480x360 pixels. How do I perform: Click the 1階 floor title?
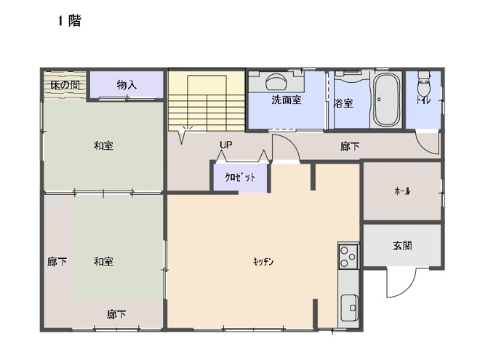coord(70,21)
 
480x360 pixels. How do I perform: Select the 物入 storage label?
coord(127,84)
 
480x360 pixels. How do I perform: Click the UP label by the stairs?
coord(226,145)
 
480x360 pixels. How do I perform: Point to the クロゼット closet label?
coord(240,177)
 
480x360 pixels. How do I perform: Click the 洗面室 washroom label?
coord(287,100)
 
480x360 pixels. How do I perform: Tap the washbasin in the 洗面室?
coord(276,81)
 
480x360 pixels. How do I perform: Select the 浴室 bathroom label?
coord(343,103)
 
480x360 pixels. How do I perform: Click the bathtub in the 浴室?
coord(387,100)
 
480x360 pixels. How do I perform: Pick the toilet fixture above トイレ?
coord(424,83)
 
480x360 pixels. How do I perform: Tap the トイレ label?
coord(423,100)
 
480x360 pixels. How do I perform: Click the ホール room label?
coord(402,191)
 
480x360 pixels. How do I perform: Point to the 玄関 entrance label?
coord(402,246)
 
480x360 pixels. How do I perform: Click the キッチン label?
coord(263,261)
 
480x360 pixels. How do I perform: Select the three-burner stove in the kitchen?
coord(348,257)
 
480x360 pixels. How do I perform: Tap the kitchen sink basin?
coord(350,308)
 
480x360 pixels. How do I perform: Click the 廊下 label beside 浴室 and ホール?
coord(350,146)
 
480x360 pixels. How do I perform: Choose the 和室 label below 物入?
coord(103,145)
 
